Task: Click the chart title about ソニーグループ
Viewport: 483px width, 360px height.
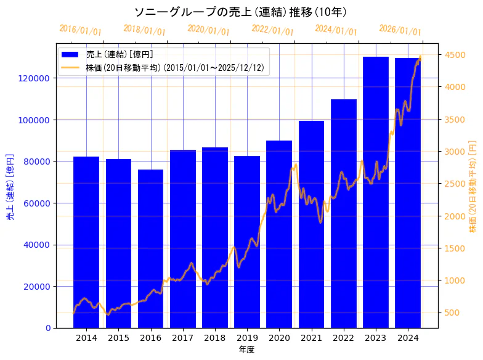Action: (240, 12)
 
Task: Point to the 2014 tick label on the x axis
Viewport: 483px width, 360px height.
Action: (86, 338)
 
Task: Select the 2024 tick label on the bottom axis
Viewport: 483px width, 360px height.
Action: (408, 338)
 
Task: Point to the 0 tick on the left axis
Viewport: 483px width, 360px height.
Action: (48, 328)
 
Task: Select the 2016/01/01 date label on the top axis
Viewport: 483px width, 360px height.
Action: (81, 30)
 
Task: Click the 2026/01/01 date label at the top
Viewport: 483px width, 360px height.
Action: (400, 30)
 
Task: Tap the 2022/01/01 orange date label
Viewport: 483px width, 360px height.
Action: (273, 30)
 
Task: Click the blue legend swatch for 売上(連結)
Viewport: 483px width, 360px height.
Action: (70, 55)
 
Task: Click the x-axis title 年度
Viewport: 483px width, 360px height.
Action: (246, 350)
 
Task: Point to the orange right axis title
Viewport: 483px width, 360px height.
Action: (473, 185)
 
